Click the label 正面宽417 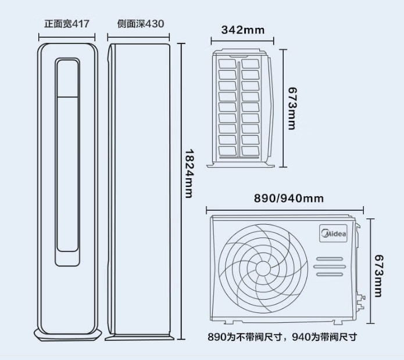click(x=67, y=24)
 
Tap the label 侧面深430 click(x=141, y=24)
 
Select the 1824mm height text click(x=190, y=174)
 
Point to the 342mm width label click(x=243, y=30)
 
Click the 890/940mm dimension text click(x=289, y=199)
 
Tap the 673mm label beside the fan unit click(x=379, y=276)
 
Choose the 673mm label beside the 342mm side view click(x=292, y=109)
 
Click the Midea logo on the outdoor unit click(x=334, y=233)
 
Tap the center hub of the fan click(x=263, y=268)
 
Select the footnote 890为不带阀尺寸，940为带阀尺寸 click(x=283, y=337)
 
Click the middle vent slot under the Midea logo click(x=330, y=267)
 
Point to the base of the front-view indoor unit click(x=68, y=335)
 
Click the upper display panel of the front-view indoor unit click(x=67, y=78)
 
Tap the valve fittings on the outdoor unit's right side click(x=361, y=302)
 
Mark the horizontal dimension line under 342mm click(x=242, y=41)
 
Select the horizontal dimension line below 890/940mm click(x=285, y=210)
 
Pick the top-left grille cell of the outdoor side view click(x=227, y=64)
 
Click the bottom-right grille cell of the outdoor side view click(x=251, y=151)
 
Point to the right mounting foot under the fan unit click(x=338, y=323)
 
